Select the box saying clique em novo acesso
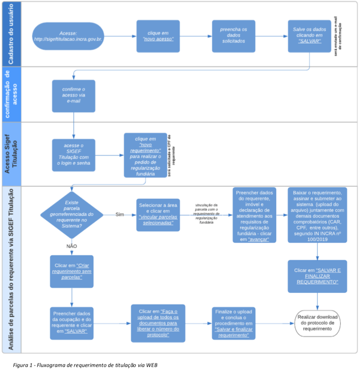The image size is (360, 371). pos(158,36)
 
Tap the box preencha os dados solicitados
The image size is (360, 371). pos(234,36)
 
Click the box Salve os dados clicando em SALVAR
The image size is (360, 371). pos(309,36)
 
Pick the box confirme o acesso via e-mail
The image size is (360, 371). pos(73,95)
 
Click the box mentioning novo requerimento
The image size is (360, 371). pos(145,155)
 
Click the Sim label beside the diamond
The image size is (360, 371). pos(120,215)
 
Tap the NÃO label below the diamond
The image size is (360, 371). pos(71,246)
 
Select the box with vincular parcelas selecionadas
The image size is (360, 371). pos(158,215)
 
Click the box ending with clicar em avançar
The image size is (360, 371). pos(254,215)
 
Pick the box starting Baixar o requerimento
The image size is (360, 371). pos(317,215)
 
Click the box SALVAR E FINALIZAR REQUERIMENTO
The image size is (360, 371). pos(317,276)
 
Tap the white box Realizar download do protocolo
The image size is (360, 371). pos(318,323)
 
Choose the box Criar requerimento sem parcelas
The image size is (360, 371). pos(71,271)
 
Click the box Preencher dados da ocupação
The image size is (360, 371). pos(71,323)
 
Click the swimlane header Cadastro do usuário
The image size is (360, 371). pos(10,34)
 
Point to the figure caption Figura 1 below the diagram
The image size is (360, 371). pos(85,365)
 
